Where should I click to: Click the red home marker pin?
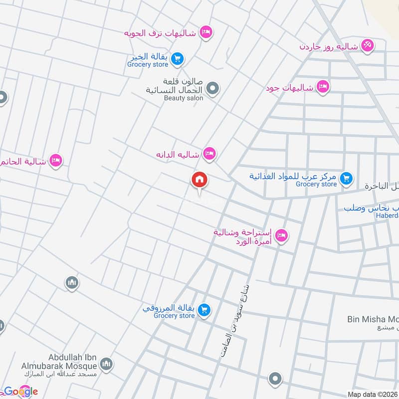coord(199,180)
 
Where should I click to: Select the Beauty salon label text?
coord(184,98)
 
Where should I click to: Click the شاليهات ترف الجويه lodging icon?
coord(205,33)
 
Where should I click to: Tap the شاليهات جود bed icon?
coord(323,87)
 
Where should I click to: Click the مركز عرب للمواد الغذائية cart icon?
coord(345,178)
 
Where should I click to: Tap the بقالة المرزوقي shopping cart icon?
coord(203,311)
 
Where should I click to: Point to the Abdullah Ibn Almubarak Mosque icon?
coord(106,366)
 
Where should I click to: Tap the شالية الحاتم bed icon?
coord(56,161)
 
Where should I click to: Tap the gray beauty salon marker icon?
coord(213,89)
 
